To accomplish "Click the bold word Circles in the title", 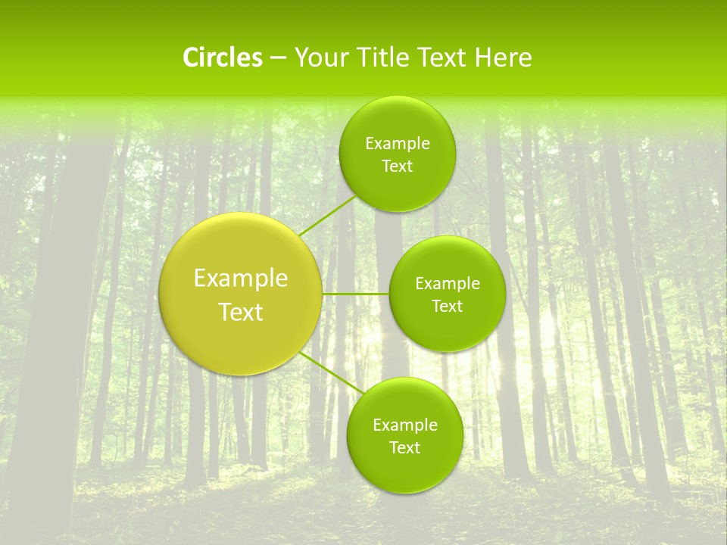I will pyautogui.click(x=223, y=58).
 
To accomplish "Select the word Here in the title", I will pyautogui.click(x=504, y=58).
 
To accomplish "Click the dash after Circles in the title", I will pyautogui.click(x=278, y=58).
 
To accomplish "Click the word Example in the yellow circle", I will pyautogui.click(x=241, y=279).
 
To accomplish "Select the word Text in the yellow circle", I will pyautogui.click(x=241, y=312).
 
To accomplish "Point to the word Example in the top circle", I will pyautogui.click(x=398, y=144).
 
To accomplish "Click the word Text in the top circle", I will pyautogui.click(x=397, y=167).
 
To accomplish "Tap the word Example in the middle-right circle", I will pyautogui.click(x=448, y=284).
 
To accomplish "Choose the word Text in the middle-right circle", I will pyautogui.click(x=447, y=306).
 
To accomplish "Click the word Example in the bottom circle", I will pyautogui.click(x=405, y=425).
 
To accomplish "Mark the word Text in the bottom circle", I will pyautogui.click(x=404, y=447).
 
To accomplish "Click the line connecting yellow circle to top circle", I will pyautogui.click(x=326, y=216).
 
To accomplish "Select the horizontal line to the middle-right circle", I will pyautogui.click(x=355, y=293).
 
